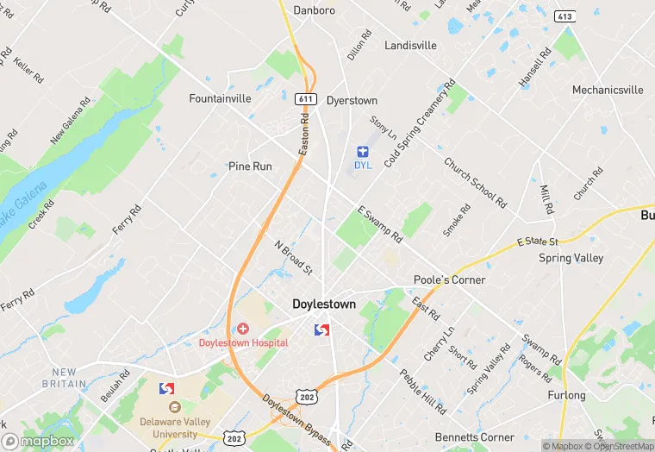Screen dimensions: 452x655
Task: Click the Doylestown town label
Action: pos(323,304)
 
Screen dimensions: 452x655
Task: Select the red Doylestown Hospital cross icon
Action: pos(243,329)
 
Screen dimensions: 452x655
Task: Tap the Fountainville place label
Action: pos(220,98)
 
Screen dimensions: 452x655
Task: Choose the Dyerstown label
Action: pos(352,101)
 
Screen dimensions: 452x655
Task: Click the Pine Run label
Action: pos(250,166)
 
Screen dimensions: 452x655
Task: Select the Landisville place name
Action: pos(411,45)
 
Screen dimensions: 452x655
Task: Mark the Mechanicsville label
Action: pos(608,90)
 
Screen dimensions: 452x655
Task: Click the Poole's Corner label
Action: pos(449,279)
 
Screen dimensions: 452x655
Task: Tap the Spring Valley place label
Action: pos(571,258)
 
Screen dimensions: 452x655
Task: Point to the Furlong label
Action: pos(566,396)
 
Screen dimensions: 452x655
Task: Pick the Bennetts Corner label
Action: pos(476,437)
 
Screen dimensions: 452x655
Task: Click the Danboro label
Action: pos(314,10)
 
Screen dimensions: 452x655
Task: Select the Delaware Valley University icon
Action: pos(175,407)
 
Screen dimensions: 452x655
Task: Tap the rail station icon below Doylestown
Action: pos(322,330)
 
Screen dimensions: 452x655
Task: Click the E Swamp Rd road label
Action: pos(379,224)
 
